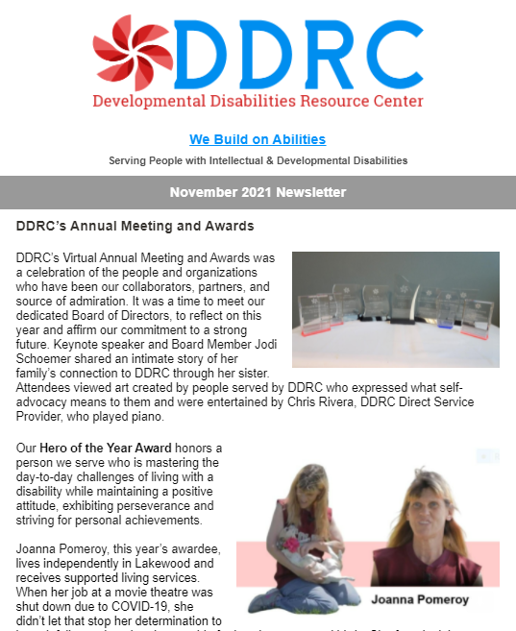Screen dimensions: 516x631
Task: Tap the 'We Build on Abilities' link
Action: click(257, 139)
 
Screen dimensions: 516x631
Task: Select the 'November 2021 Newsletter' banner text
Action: click(258, 192)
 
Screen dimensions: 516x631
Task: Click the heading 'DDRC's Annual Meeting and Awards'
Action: click(135, 227)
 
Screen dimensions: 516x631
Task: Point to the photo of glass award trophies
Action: click(395, 309)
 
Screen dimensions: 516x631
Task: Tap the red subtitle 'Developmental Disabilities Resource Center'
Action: click(257, 100)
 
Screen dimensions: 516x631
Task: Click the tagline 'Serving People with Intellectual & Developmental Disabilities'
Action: click(258, 160)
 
